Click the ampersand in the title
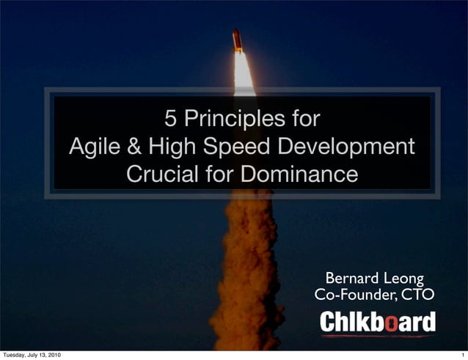tap(135, 147)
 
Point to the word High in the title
tap(172, 147)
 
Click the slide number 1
tap(461, 355)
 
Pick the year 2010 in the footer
tap(53, 355)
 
